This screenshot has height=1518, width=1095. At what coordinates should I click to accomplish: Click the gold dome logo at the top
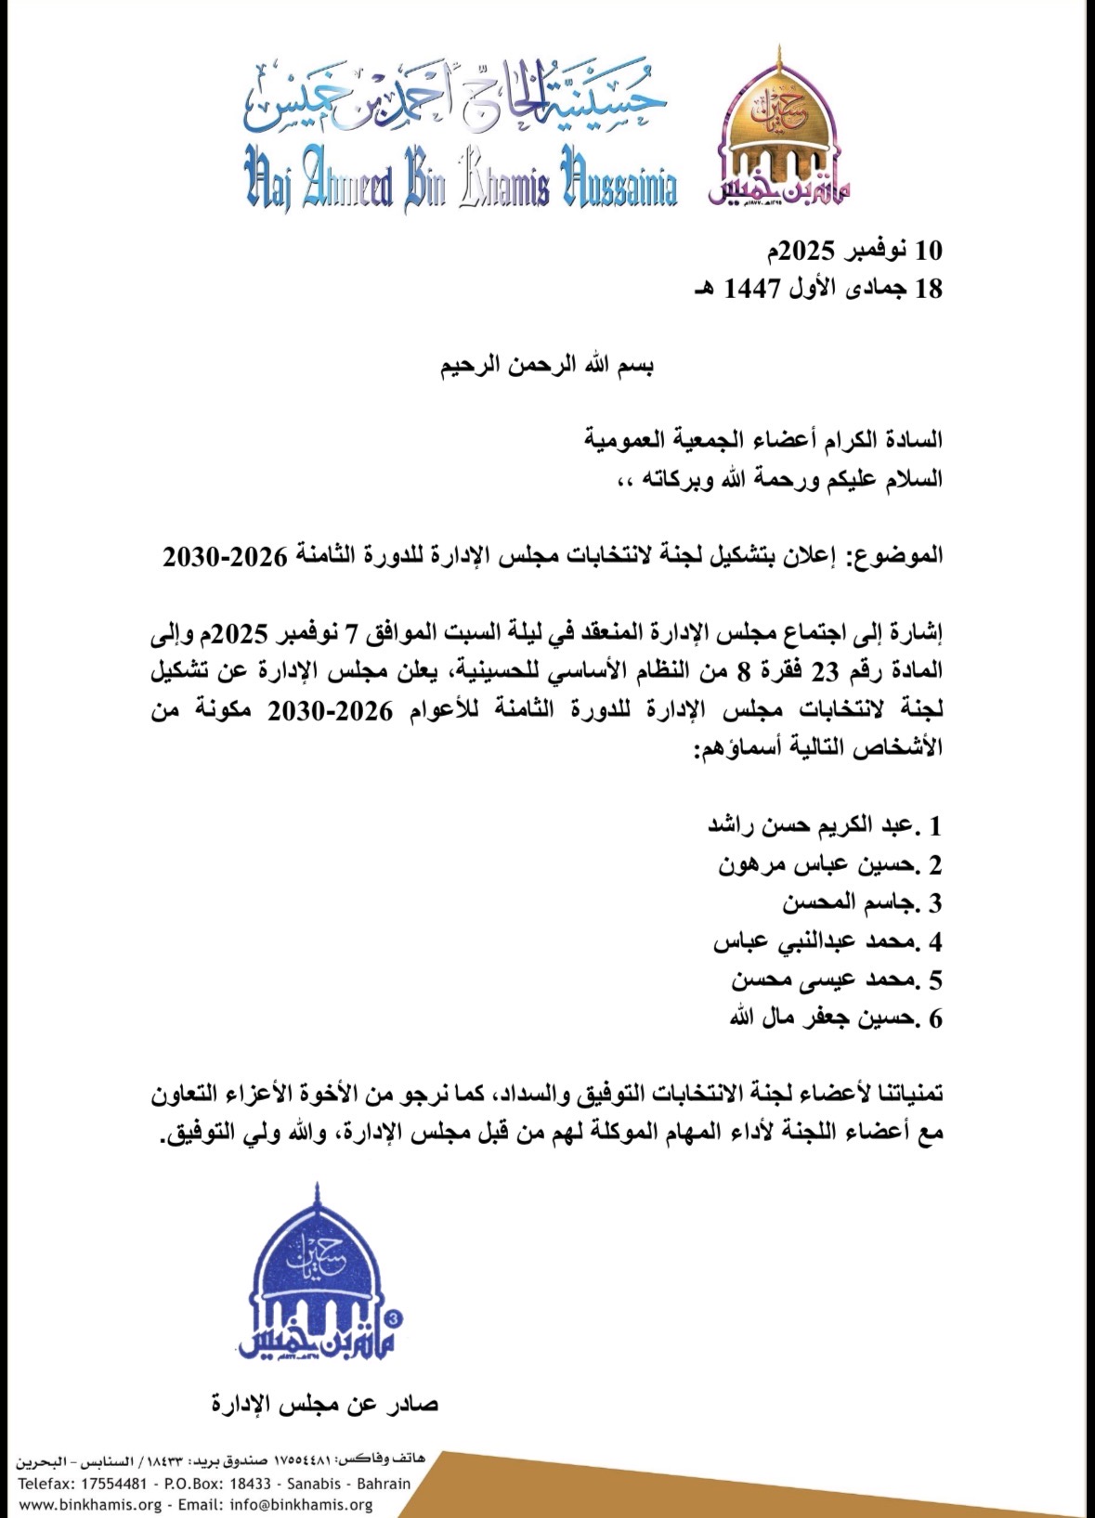[780, 130]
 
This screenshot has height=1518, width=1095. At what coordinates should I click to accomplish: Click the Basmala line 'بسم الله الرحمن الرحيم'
[547, 365]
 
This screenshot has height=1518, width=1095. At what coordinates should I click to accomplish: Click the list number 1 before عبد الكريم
[934, 825]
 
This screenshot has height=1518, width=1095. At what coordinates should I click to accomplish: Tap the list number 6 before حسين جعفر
[934, 1018]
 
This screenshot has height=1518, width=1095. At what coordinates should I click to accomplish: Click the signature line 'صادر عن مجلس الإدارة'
[325, 1403]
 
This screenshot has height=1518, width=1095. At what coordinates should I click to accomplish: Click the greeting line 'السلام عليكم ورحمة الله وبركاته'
[779, 479]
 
